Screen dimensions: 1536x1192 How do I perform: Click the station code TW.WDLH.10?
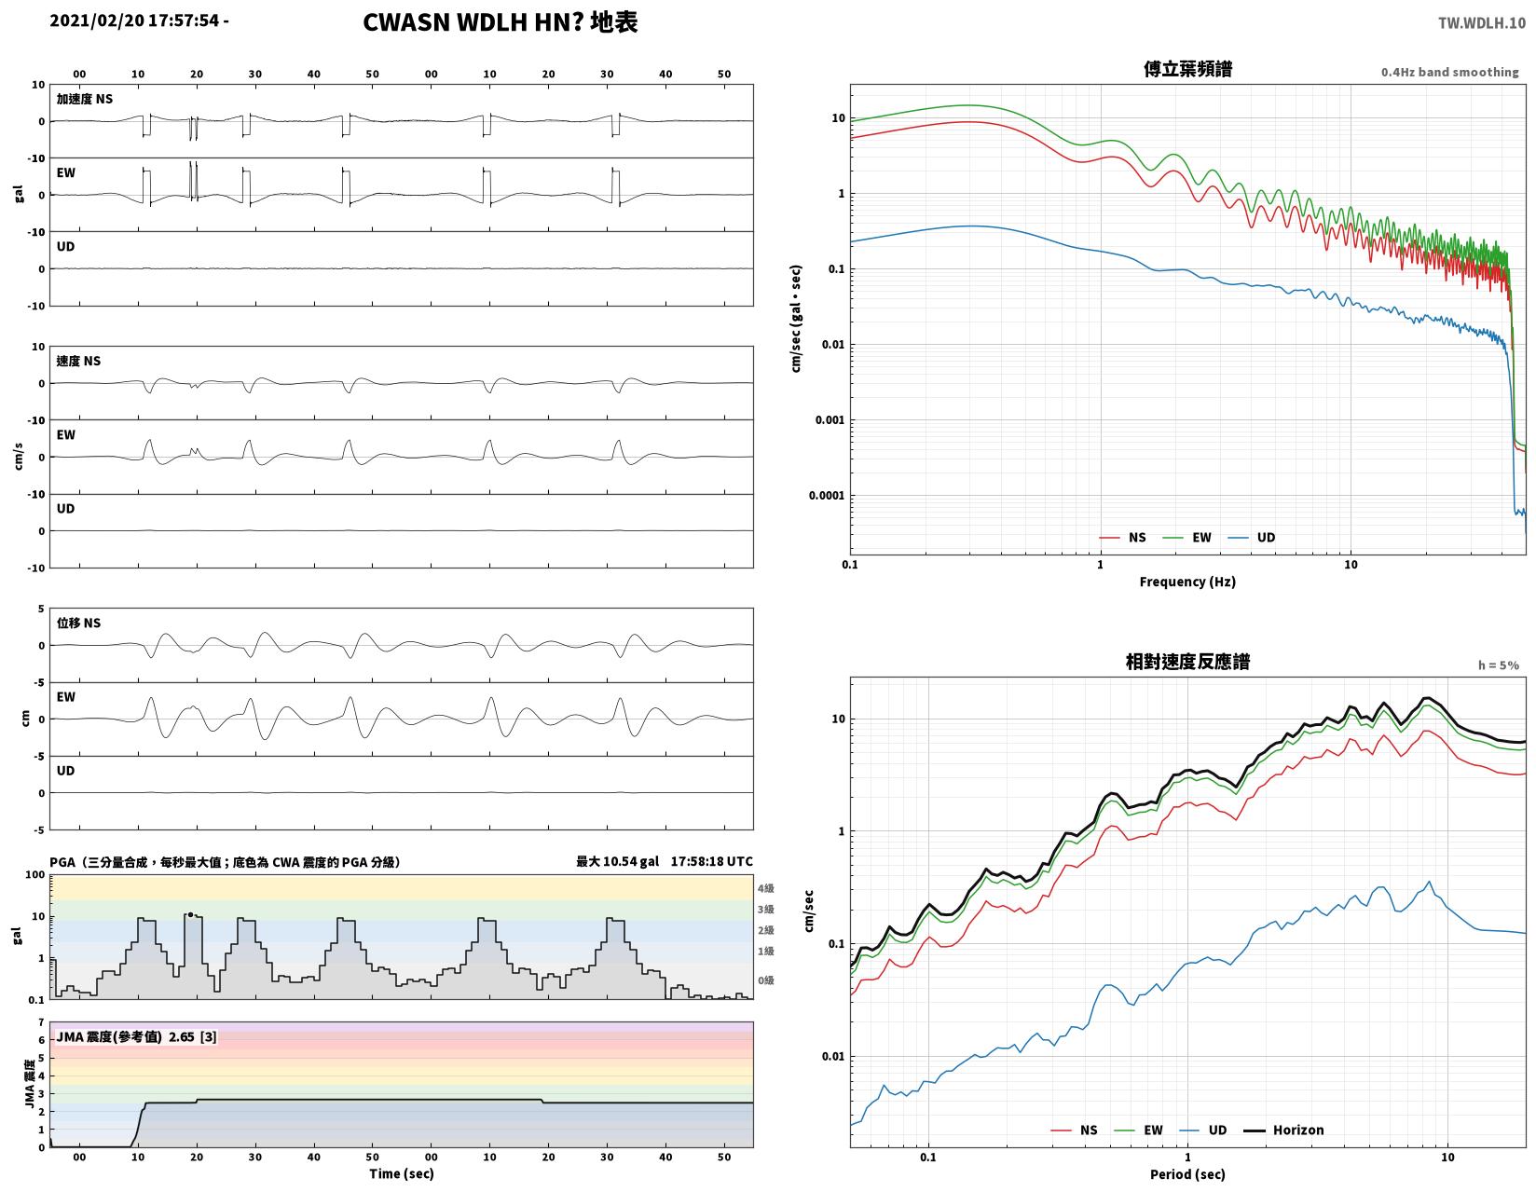tap(1482, 22)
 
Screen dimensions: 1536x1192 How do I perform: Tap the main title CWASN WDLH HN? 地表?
tap(500, 22)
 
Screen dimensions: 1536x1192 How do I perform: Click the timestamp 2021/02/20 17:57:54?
tap(134, 20)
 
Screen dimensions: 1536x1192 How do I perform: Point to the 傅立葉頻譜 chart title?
tap(1187, 69)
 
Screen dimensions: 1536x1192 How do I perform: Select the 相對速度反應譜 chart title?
tap(1187, 662)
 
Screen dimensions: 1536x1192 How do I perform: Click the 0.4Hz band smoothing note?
tap(1449, 72)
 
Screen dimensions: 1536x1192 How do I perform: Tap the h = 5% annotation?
tap(1499, 665)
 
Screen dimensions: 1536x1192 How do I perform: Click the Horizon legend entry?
tap(1283, 1130)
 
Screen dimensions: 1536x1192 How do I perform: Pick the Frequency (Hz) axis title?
tap(1187, 582)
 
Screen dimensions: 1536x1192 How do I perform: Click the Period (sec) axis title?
tap(1187, 1173)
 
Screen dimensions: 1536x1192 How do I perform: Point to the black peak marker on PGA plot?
tap(190, 915)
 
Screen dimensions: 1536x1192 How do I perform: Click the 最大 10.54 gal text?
tap(617, 861)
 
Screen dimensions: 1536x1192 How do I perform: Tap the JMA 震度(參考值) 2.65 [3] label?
tap(136, 1036)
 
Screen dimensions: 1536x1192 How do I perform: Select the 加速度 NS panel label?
tap(85, 99)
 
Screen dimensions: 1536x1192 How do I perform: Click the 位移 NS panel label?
tap(78, 623)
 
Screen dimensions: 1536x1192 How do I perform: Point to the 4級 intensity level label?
tap(765, 888)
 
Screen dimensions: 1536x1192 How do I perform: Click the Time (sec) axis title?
tap(402, 1173)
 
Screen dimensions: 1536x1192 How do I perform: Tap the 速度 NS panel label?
tap(78, 361)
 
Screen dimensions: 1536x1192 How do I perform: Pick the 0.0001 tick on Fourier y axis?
tap(827, 495)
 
